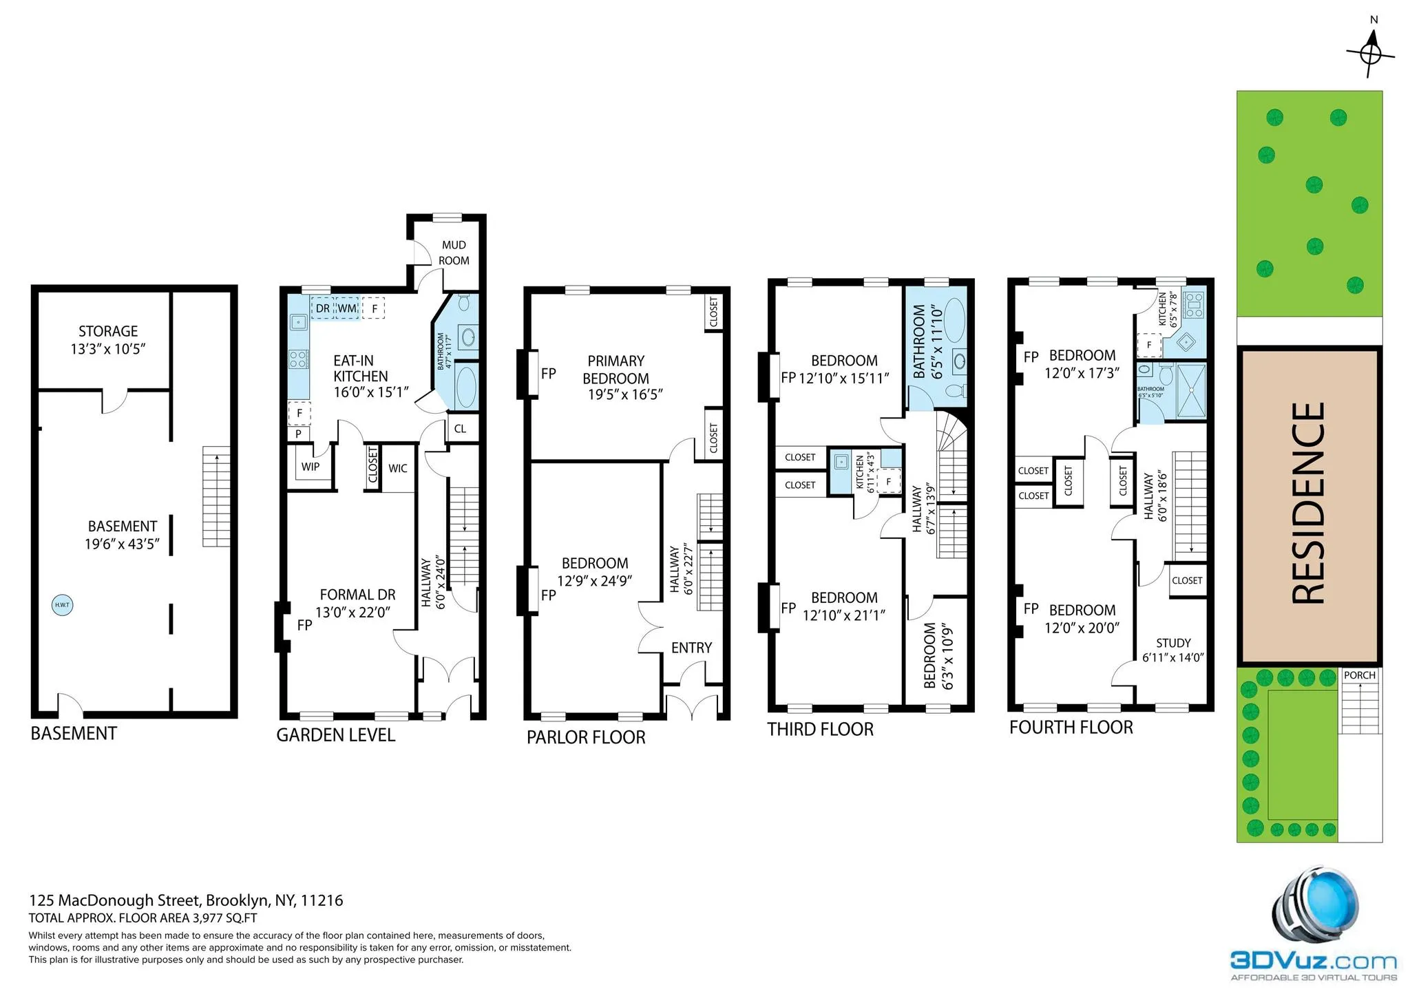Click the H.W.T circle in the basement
[x=62, y=605]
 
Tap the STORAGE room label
[x=108, y=331]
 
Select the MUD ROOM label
[x=454, y=253]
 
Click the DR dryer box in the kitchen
[x=322, y=308]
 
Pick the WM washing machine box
[x=347, y=308]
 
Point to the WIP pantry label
[x=310, y=467]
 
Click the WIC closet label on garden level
[x=397, y=469]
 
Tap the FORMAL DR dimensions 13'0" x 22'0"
[x=353, y=613]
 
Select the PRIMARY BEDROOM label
[x=615, y=370]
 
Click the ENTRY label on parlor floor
[x=691, y=648]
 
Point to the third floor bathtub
[x=953, y=320]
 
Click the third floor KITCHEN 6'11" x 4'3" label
[x=865, y=471]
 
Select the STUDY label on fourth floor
[x=1173, y=643]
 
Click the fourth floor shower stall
[x=1191, y=391]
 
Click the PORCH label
[x=1359, y=675]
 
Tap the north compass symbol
[x=1371, y=54]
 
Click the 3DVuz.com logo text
[x=1313, y=961]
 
